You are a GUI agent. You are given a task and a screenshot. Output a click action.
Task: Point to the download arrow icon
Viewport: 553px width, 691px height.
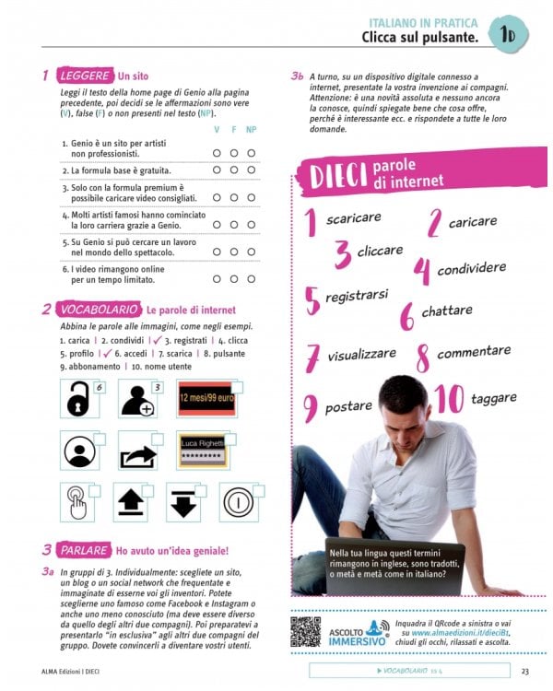click(x=184, y=503)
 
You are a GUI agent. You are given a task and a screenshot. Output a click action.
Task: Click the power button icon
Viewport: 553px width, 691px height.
click(x=237, y=503)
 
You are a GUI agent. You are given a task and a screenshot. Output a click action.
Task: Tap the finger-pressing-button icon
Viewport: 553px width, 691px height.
click(x=77, y=503)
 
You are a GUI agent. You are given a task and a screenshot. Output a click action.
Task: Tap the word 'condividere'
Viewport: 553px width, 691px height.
click(x=473, y=268)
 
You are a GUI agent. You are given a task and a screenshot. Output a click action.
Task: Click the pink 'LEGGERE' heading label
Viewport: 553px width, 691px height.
click(x=84, y=76)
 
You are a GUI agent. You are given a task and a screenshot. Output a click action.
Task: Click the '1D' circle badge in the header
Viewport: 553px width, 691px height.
click(x=507, y=34)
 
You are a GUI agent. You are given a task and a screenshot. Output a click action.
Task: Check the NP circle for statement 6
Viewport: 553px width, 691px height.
click(x=251, y=278)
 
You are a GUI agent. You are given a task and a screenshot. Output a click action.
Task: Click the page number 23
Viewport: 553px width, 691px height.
click(x=524, y=670)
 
